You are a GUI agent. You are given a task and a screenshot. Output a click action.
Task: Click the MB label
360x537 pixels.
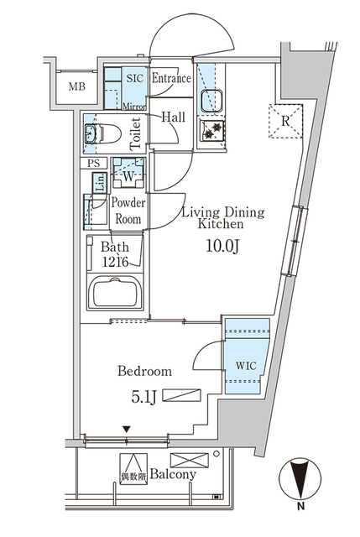pos(76,86)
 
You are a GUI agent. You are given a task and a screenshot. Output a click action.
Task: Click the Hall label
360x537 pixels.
pos(174,117)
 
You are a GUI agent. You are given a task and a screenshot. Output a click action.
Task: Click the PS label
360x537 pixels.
pos(92,164)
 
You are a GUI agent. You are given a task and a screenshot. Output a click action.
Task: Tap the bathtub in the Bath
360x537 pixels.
pos(117,295)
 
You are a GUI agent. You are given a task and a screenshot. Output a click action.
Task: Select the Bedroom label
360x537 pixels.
pos(146,371)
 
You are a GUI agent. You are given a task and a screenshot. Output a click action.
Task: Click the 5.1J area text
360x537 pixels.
pos(143,394)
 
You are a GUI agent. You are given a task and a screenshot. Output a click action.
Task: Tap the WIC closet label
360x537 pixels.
pos(245,365)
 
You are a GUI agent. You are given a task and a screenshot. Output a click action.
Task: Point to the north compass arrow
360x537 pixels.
pos(300,477)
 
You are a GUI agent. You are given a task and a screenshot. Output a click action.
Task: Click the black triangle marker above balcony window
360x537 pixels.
pos(126,430)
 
